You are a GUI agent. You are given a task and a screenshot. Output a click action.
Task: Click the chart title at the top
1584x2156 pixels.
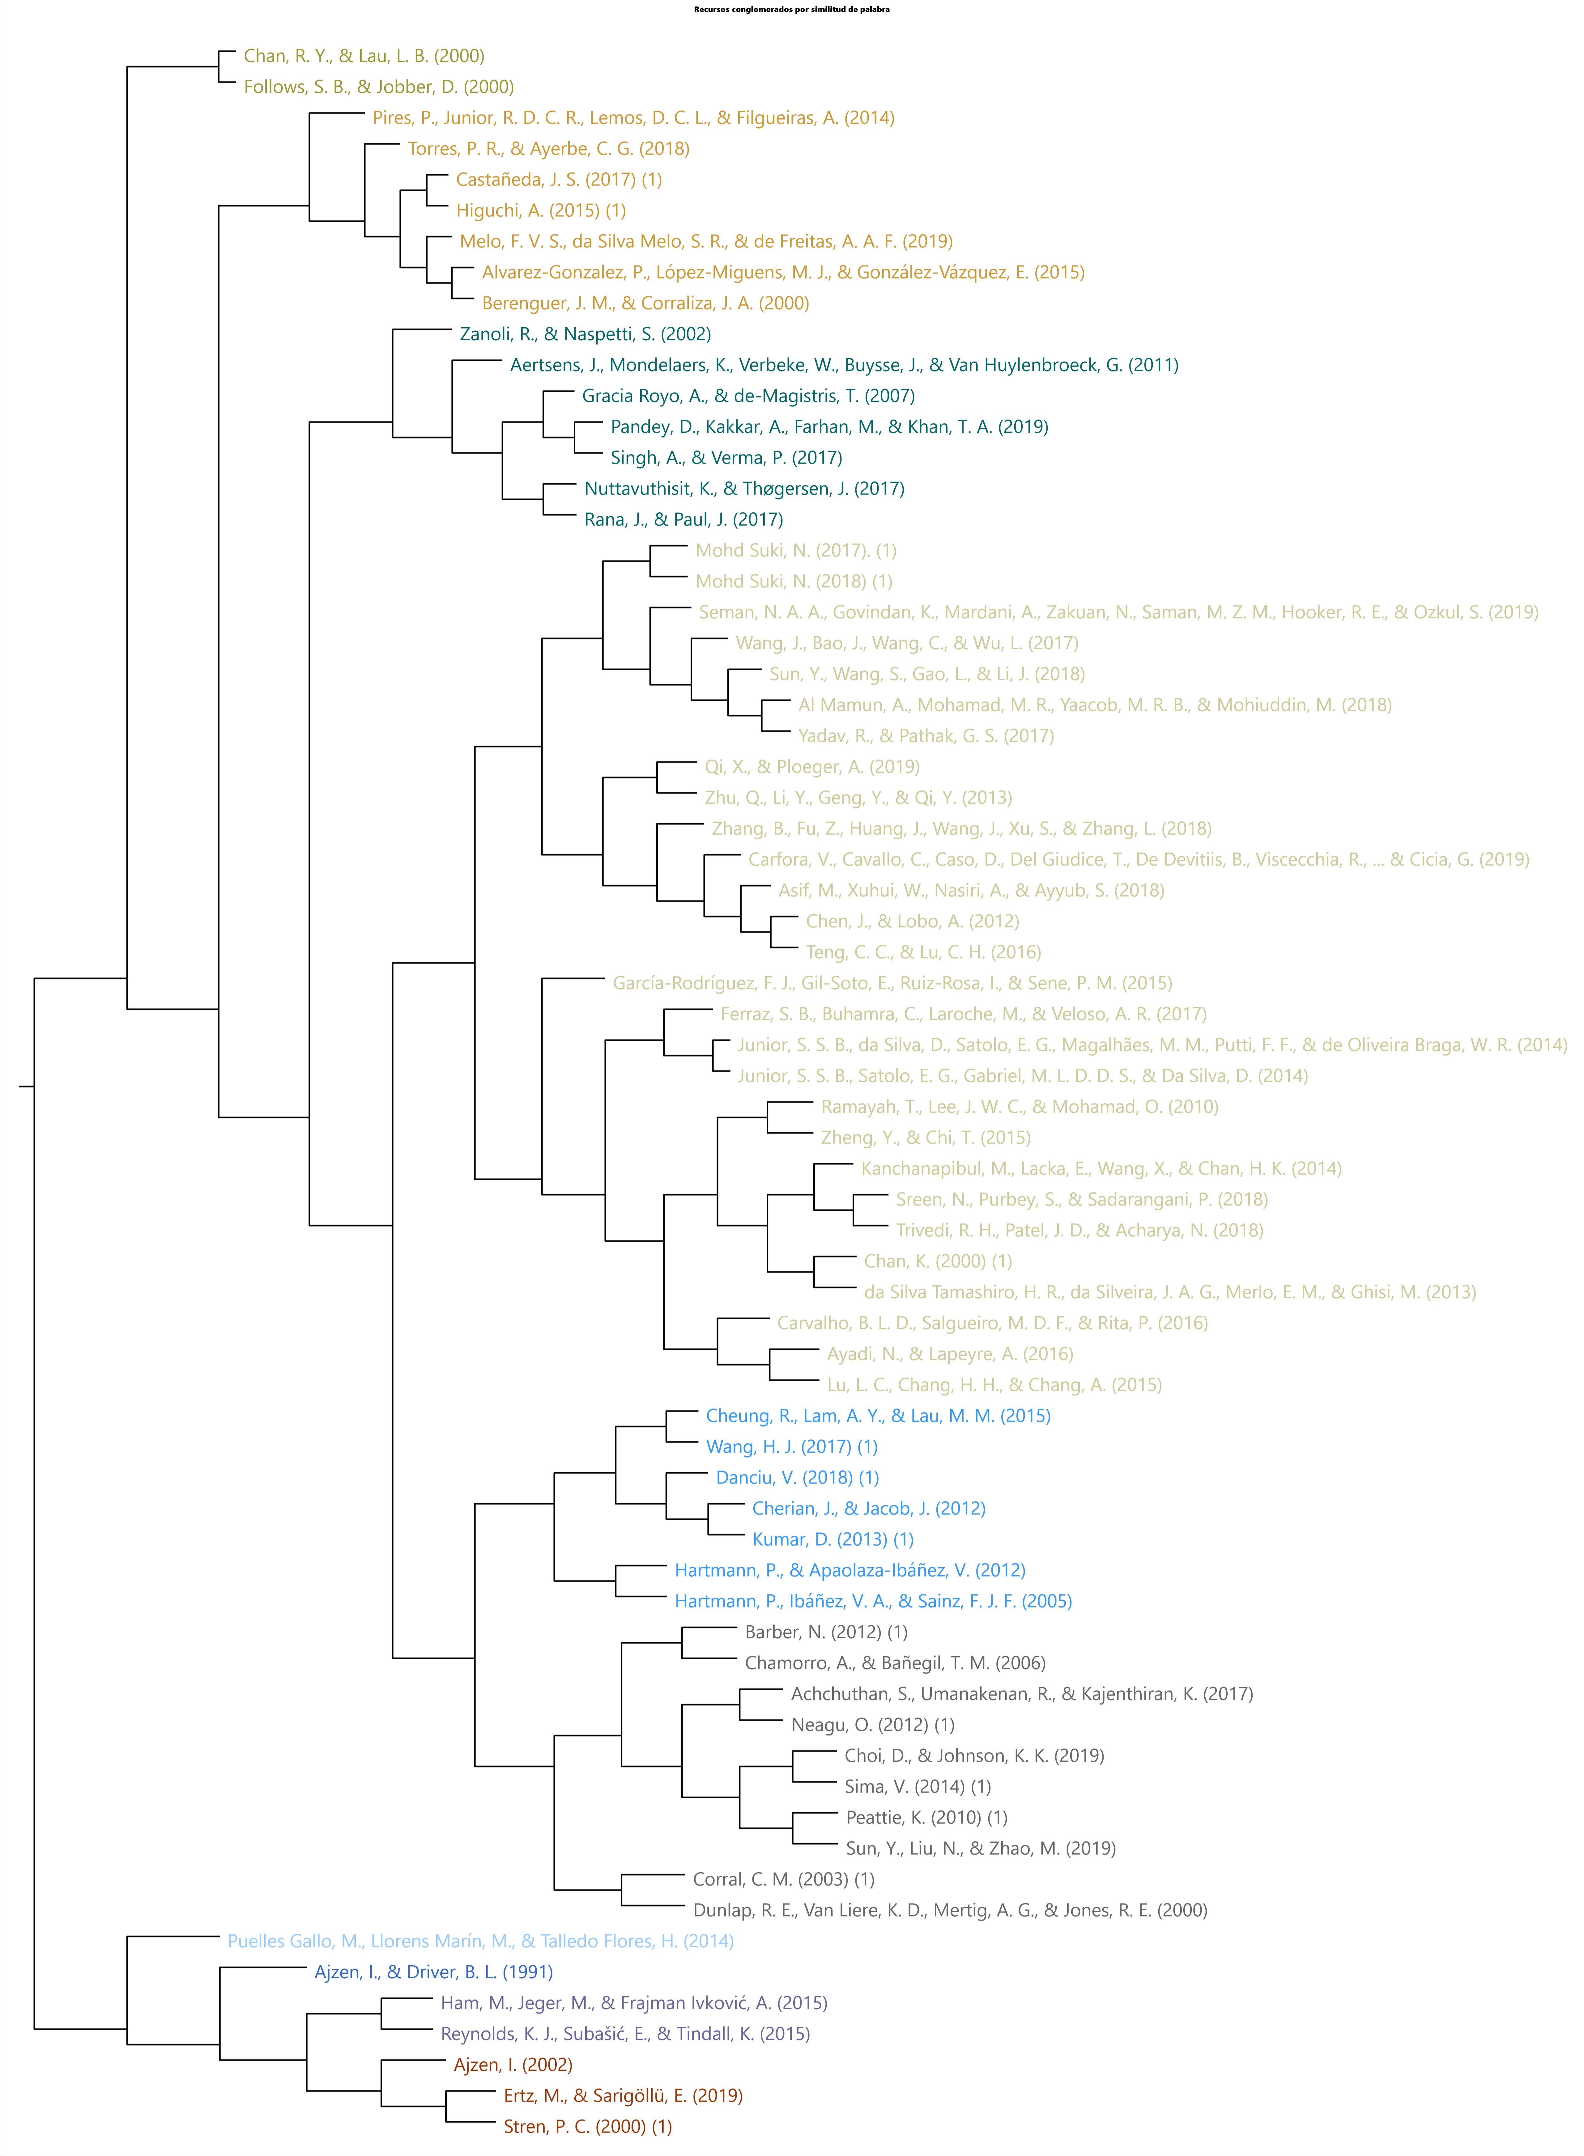pyautogui.click(x=791, y=10)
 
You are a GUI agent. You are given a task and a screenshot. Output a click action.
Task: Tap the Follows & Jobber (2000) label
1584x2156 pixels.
pyautogui.click(x=379, y=87)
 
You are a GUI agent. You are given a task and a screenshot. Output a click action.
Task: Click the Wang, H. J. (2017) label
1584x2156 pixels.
pyautogui.click(x=791, y=1447)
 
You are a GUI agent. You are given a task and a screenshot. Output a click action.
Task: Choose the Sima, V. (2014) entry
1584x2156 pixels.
pyautogui.click(x=918, y=1786)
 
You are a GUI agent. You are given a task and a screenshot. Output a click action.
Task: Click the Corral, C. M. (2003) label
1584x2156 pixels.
pyautogui.click(x=783, y=1879)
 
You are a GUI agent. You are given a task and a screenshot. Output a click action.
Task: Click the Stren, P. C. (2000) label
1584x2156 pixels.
pyautogui.click(x=588, y=2126)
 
